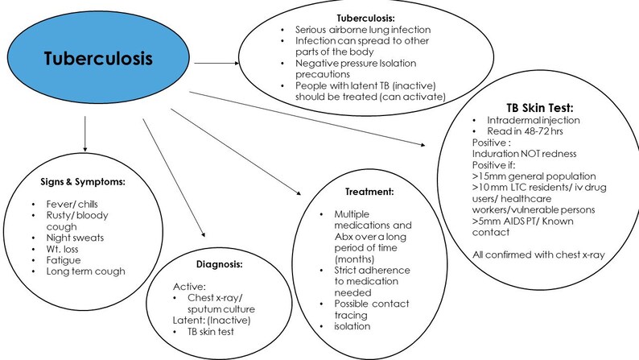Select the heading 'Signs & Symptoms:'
coord(84,182)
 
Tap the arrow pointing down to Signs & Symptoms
coord(84,133)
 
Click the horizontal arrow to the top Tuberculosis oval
coord(212,61)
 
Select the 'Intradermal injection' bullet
coord(534,118)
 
